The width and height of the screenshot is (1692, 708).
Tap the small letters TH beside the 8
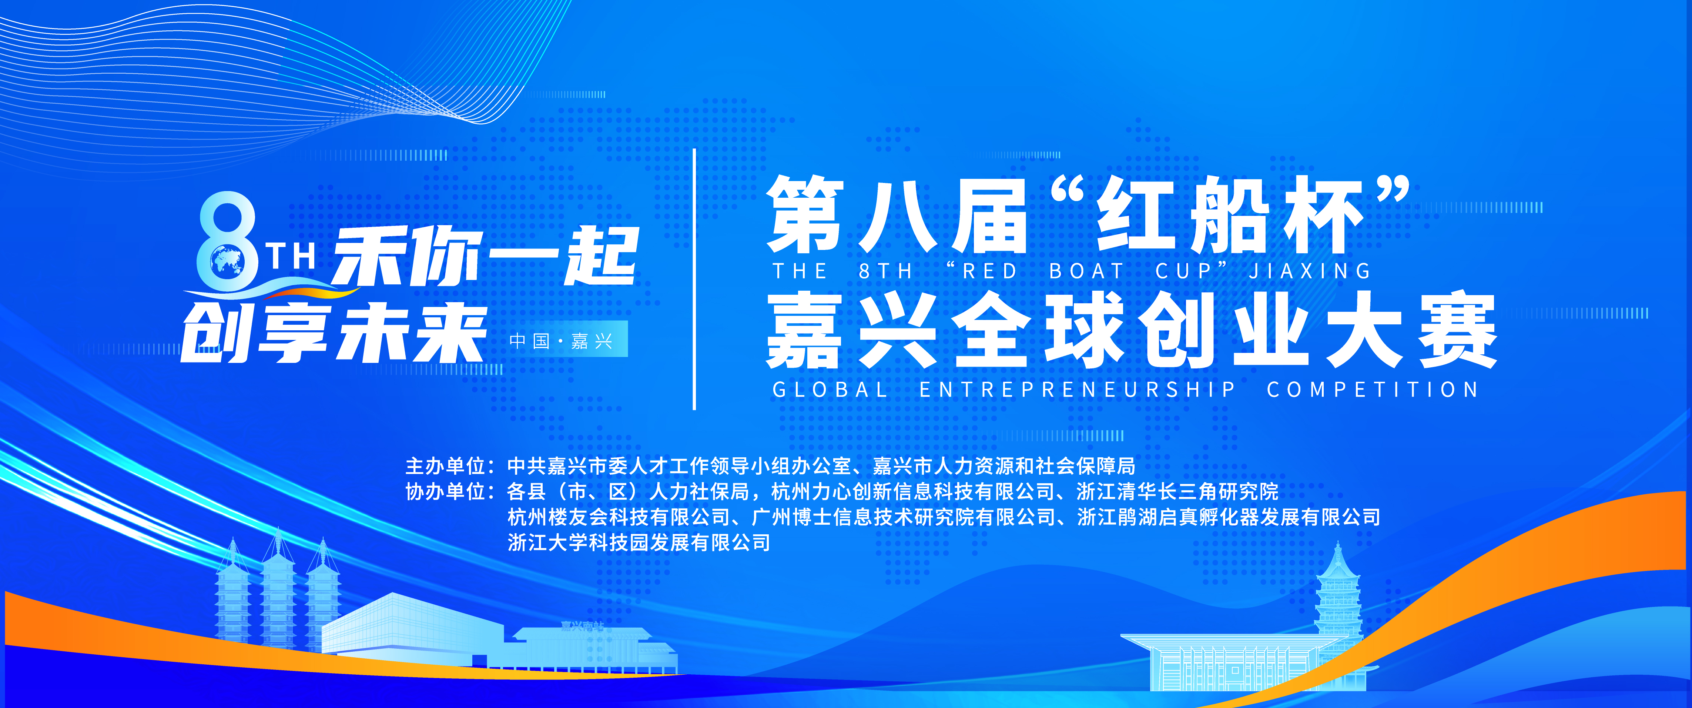(293, 256)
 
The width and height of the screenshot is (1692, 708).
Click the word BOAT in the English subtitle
(1086, 271)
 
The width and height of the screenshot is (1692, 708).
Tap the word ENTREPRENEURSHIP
(1077, 390)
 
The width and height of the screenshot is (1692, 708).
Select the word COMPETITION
(1373, 390)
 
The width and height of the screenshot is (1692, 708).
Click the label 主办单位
(445, 466)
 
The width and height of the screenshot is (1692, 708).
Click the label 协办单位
(445, 491)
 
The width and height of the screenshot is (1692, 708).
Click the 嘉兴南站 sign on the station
(582, 626)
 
